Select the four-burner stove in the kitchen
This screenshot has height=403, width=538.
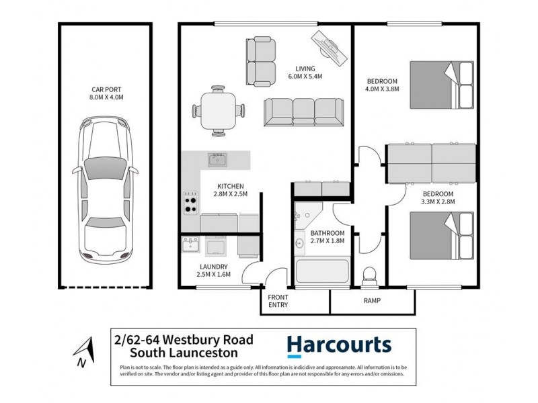click(190, 199)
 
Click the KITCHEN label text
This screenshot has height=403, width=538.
click(229, 186)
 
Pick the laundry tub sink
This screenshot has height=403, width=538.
click(190, 247)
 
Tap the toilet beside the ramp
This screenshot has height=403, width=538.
click(369, 275)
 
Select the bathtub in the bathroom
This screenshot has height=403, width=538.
click(322, 273)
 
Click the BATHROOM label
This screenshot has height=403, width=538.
click(327, 233)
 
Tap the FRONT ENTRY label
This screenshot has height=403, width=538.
click(278, 300)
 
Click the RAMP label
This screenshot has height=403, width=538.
click(372, 301)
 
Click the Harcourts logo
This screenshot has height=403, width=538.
click(338, 345)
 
